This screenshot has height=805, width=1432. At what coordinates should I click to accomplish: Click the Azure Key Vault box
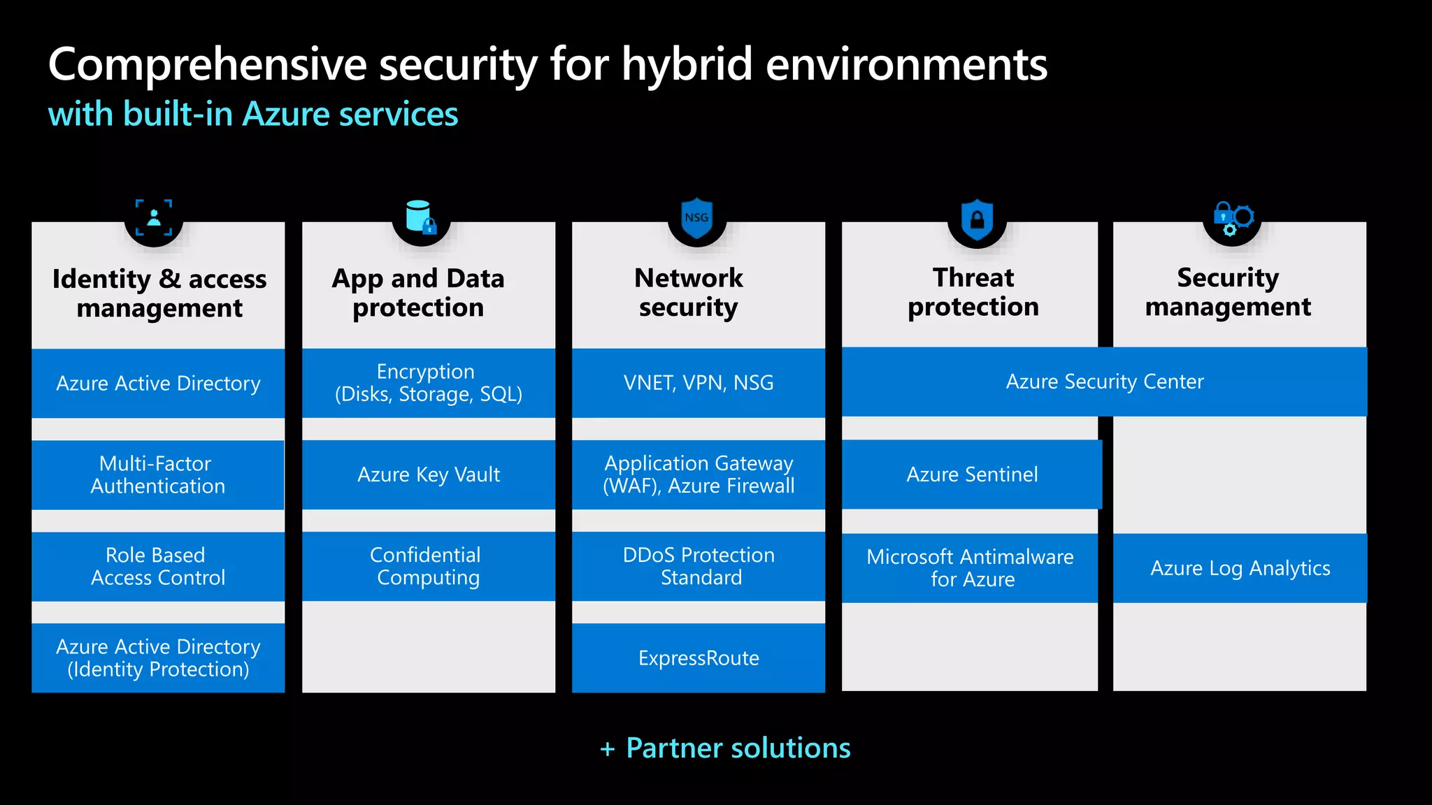click(x=429, y=474)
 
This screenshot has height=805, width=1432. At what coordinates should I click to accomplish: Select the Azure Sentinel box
click(x=972, y=474)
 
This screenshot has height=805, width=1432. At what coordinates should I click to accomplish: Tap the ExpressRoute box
click(x=699, y=658)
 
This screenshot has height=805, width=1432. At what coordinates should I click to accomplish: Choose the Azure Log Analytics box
click(x=1240, y=568)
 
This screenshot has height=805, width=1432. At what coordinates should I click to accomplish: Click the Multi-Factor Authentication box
click(x=158, y=474)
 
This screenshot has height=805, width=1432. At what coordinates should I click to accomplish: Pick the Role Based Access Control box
click(x=158, y=566)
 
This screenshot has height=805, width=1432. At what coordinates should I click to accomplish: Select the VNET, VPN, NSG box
click(x=699, y=383)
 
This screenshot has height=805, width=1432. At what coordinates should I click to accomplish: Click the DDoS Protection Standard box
click(x=699, y=566)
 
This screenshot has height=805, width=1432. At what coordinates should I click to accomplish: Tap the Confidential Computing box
click(x=429, y=566)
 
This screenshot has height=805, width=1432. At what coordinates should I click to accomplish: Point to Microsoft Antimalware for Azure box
click(x=970, y=568)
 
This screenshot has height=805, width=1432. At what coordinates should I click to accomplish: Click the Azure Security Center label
click(x=1105, y=382)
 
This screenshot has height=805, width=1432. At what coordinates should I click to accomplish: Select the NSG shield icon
click(x=696, y=219)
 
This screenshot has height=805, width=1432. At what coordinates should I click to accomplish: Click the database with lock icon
click(x=421, y=217)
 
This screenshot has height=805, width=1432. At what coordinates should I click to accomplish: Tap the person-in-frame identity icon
click(x=154, y=217)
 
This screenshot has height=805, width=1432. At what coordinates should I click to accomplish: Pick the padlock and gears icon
click(x=1233, y=219)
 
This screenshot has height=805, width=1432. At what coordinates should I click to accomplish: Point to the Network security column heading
click(x=689, y=293)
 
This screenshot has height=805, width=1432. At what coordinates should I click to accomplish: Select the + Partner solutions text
click(x=725, y=748)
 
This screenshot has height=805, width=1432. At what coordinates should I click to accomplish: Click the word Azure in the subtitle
click(x=286, y=114)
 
